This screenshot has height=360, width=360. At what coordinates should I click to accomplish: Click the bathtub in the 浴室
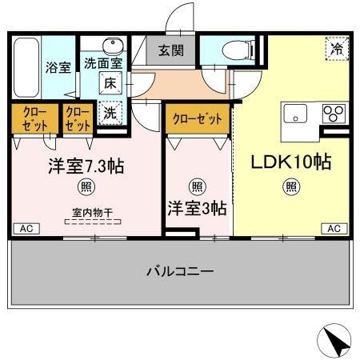tap(26, 68)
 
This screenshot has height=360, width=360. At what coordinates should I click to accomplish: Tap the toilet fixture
tap(238, 50)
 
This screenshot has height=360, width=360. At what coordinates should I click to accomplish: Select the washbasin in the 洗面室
tap(113, 45)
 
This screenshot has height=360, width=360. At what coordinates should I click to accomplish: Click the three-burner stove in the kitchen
tap(334, 114)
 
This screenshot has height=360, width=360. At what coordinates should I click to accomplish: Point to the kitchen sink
tap(295, 114)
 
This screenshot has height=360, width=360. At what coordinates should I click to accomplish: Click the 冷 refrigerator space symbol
tap(338, 49)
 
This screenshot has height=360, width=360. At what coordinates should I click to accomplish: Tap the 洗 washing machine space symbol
tap(110, 113)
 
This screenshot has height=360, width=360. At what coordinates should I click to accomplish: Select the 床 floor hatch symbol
tap(110, 83)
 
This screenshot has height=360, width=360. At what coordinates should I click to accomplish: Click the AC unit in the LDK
tap(334, 229)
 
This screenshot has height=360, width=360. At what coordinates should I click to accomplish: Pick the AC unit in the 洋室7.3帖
tap(26, 229)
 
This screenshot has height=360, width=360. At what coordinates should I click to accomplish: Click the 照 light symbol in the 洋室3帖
tap(198, 186)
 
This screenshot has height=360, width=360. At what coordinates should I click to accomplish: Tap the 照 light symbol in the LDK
tap(291, 186)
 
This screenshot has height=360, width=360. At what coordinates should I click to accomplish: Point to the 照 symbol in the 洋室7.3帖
tap(86, 186)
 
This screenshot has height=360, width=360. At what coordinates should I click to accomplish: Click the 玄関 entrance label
tap(171, 50)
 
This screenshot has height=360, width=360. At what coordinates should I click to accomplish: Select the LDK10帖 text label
tap(291, 162)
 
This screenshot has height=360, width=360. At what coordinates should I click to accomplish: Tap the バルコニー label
tap(180, 271)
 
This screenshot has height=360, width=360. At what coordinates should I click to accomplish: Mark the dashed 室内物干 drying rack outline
tap(93, 222)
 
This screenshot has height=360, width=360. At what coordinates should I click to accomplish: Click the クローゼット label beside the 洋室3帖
tap(198, 118)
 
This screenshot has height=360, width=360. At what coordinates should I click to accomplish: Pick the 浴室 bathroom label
tap(58, 67)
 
